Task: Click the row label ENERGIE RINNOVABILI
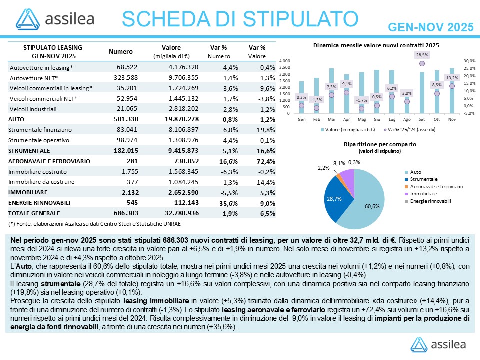39,203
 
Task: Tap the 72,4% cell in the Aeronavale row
265,161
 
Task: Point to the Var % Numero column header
218,52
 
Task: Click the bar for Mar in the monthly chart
331,90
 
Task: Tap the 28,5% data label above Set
422,54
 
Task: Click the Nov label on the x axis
452,120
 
